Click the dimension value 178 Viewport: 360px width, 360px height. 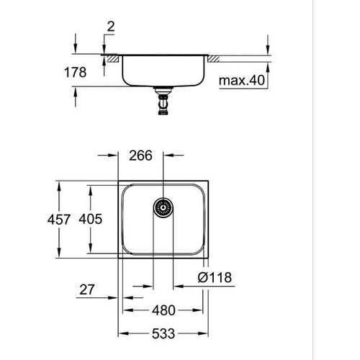pos(75,73)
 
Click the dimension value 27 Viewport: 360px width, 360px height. pos(86,290)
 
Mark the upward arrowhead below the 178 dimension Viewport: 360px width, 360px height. pos(76,91)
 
